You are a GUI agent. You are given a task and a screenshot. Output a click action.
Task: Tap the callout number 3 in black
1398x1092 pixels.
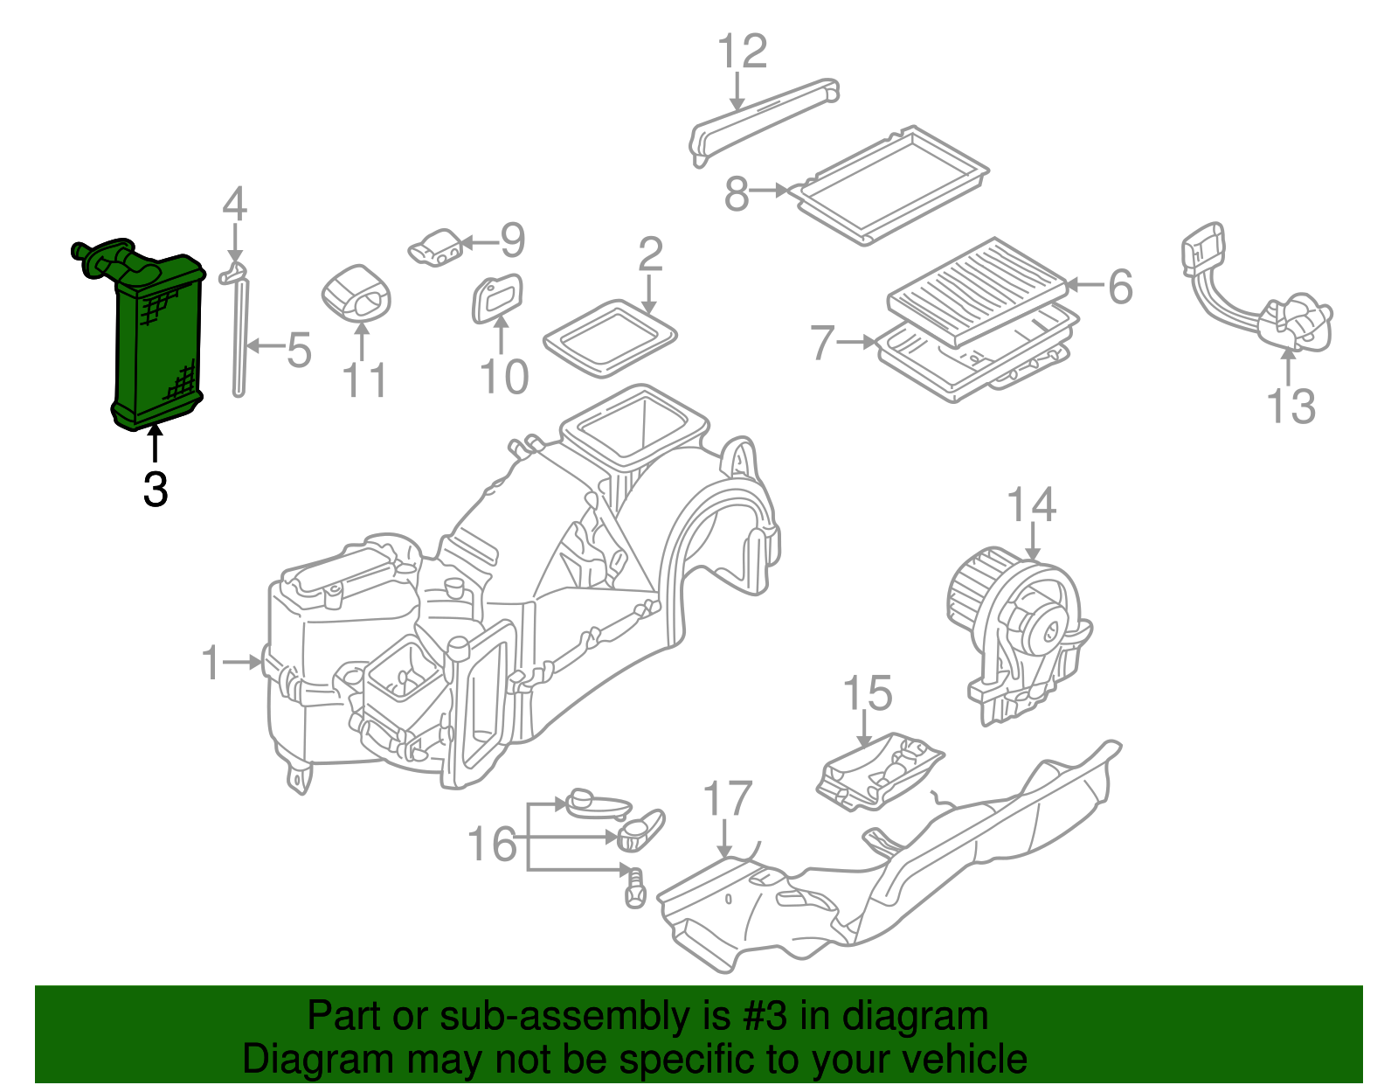156,490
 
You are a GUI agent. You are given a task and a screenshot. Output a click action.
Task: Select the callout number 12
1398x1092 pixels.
742,52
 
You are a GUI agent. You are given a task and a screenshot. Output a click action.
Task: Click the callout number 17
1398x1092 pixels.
727,799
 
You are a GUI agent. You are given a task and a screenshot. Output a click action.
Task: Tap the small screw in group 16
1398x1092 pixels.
634,887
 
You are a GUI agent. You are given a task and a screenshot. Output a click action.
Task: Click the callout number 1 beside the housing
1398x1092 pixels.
211,663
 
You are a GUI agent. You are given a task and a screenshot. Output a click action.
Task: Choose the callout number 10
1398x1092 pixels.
504,377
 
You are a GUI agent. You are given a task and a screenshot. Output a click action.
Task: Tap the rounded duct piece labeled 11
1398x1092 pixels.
356,293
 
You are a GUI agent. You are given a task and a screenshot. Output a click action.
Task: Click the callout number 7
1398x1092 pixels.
821,343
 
